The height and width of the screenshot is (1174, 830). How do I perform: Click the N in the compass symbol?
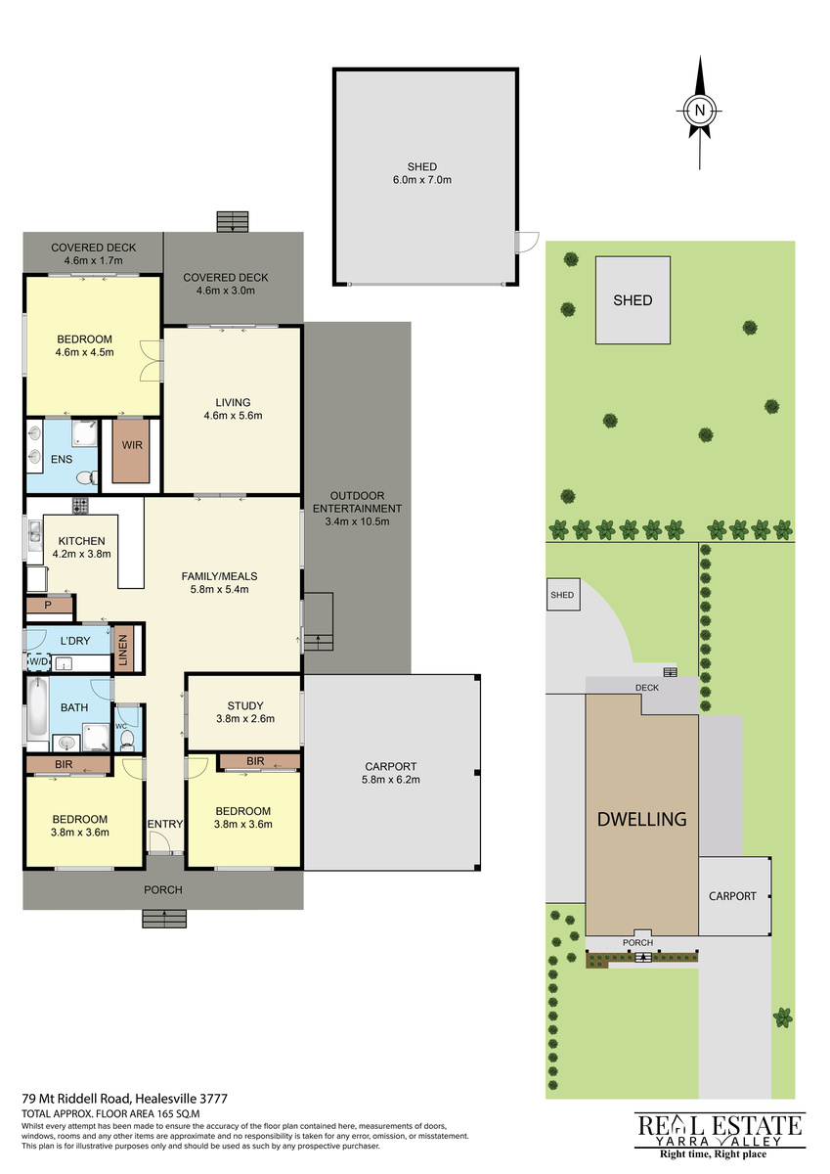699,111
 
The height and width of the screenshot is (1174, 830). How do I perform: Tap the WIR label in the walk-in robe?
132,445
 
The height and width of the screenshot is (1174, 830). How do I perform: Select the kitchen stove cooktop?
80,506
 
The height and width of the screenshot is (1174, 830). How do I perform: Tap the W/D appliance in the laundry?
39,662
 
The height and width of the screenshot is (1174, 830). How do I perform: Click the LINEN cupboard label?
123,651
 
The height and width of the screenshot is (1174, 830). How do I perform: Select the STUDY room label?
245,705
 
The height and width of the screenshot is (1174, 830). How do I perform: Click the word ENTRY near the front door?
165,824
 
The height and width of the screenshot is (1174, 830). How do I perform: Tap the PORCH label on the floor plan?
163,889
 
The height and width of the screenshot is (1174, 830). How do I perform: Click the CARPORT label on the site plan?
732,896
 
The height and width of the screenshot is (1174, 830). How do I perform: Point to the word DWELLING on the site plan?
641,819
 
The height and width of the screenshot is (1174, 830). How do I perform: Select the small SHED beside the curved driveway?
563,595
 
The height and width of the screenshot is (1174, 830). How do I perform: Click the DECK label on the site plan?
647,687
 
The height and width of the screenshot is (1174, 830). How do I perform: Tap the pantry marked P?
49,606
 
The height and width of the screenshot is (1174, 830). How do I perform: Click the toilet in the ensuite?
86,477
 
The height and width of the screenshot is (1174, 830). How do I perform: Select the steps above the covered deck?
233,222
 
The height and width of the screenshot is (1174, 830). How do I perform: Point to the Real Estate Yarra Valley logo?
720,1142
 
